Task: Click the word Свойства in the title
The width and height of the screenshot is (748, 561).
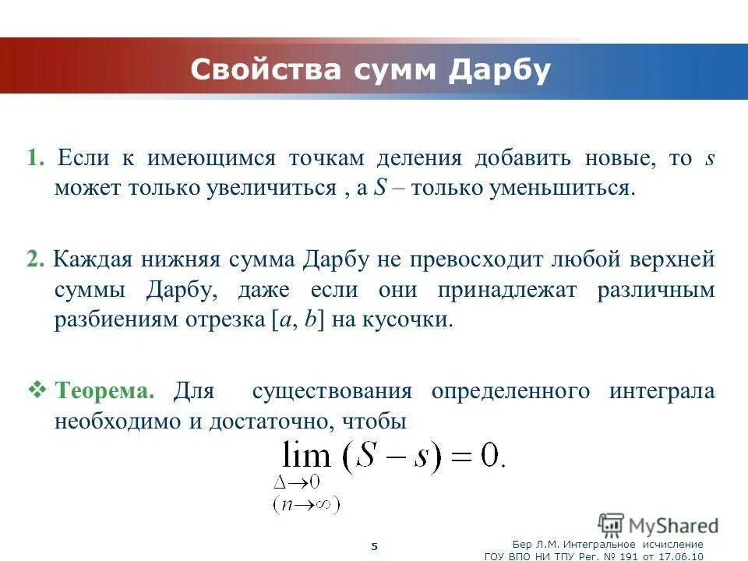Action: pyautogui.click(x=266, y=70)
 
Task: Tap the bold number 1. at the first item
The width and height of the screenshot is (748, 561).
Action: pyautogui.click(x=37, y=158)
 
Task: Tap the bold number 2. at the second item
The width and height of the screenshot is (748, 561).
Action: pyautogui.click(x=35, y=259)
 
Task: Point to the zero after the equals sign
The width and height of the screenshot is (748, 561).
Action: pyautogui.click(x=489, y=456)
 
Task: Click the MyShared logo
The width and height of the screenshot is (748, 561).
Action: pyautogui.click(x=658, y=524)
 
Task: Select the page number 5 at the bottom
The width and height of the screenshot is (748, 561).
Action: pyautogui.click(x=374, y=546)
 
